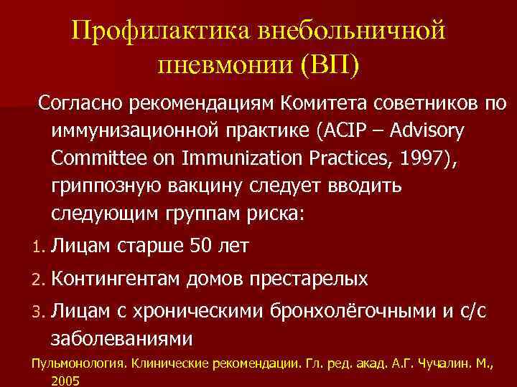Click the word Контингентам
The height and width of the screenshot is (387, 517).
click(115, 278)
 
